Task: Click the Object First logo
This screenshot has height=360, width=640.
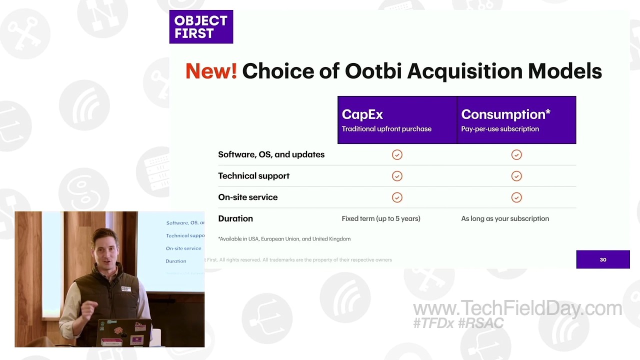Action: (x=201, y=27)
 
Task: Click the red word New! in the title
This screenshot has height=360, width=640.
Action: (x=211, y=71)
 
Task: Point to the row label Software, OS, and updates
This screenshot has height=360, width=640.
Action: (x=271, y=154)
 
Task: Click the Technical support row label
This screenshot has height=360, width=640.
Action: (x=253, y=176)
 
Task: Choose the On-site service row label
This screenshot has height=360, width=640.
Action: (x=247, y=197)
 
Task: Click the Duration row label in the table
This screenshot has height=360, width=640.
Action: (x=235, y=218)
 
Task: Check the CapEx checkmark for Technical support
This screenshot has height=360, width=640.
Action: (x=397, y=176)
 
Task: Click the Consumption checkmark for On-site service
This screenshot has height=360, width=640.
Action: (x=516, y=197)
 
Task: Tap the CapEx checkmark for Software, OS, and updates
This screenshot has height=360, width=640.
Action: (x=397, y=155)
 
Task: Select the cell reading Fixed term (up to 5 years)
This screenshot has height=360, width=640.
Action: (x=381, y=218)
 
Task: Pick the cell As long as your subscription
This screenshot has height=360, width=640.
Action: (x=505, y=218)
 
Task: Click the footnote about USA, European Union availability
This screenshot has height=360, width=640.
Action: (x=284, y=239)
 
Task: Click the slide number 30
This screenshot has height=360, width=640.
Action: (x=603, y=259)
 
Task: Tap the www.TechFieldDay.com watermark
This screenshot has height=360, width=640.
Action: (x=517, y=308)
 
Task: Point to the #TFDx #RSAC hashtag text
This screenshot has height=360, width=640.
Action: (x=458, y=323)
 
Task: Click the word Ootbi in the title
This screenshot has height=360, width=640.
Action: (x=373, y=71)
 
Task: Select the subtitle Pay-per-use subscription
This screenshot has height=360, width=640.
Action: (x=500, y=129)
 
